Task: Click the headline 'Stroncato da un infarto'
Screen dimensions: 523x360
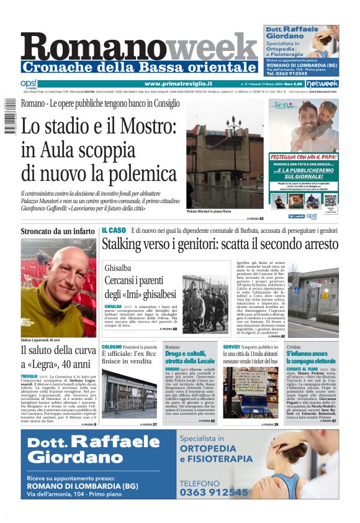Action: [58, 232]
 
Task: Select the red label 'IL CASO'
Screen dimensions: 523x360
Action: [114, 230]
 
